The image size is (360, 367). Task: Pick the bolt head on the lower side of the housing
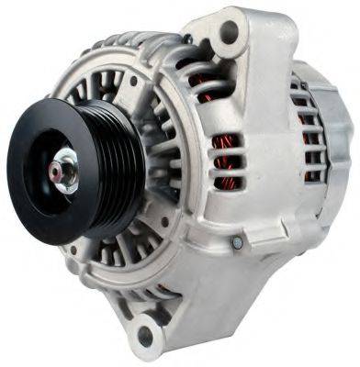tap(236, 242)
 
